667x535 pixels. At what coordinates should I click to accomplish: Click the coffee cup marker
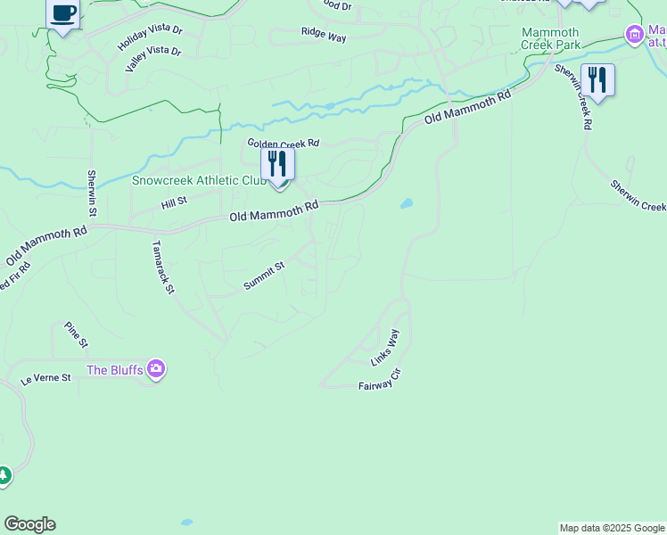point(63,14)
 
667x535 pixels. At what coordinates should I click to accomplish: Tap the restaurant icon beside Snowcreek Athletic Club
point(277,165)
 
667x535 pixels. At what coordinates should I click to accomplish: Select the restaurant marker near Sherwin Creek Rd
point(597,80)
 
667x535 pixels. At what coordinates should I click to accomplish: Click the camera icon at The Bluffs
point(157,368)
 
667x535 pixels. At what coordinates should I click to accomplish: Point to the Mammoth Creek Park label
point(550,38)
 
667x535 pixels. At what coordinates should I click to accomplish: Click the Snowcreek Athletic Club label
point(199,180)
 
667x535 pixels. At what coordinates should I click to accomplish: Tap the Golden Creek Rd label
point(283,144)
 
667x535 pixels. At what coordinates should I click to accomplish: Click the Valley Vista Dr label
point(153,62)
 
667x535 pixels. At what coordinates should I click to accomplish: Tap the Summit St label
point(264,276)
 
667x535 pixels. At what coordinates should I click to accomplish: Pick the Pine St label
point(77,335)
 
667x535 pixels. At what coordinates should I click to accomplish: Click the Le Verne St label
point(45,378)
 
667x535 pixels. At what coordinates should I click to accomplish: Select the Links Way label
point(385,348)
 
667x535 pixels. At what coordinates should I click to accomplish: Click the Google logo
point(29,524)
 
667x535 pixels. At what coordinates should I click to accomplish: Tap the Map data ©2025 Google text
point(612,528)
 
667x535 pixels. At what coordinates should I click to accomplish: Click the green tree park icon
point(4,476)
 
